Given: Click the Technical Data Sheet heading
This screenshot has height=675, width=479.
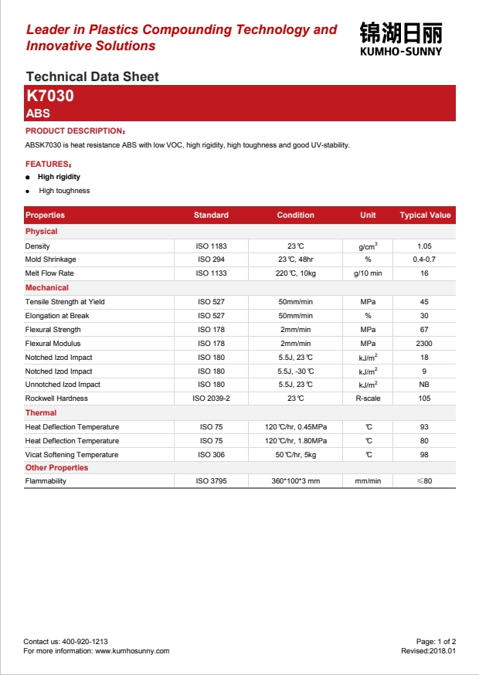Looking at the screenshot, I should coord(92,76).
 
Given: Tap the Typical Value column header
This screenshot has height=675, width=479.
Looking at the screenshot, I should coord(424,215).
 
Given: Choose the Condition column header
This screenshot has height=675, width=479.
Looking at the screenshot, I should coord(295,215).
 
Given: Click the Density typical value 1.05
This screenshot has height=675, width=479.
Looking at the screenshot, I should coord(424,246).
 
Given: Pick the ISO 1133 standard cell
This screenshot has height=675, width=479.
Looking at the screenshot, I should coord(211,273).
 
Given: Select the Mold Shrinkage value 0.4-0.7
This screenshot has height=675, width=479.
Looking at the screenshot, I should coord(424,259).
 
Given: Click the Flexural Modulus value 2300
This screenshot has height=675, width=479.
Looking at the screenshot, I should coord(424,344).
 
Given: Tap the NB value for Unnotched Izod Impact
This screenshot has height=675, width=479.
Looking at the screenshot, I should coord(424,385).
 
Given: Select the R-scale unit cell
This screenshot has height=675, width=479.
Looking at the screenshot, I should coord(368,399).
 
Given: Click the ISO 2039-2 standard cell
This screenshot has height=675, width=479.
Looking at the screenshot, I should coord(211,399).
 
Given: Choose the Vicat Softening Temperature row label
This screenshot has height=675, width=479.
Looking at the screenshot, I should coord(72,455).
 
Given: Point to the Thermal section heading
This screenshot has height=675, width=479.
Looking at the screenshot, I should coord(41,413).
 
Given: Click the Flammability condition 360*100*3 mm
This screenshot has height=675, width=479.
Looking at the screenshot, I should coord(295,481).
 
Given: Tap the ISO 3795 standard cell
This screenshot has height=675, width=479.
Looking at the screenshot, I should coord(211,481).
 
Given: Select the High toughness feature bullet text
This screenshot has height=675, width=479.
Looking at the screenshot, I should coord(64,191).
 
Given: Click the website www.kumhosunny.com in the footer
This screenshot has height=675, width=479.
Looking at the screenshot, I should coord(132,651).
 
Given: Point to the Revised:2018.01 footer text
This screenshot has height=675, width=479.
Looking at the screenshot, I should coord(428,651).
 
